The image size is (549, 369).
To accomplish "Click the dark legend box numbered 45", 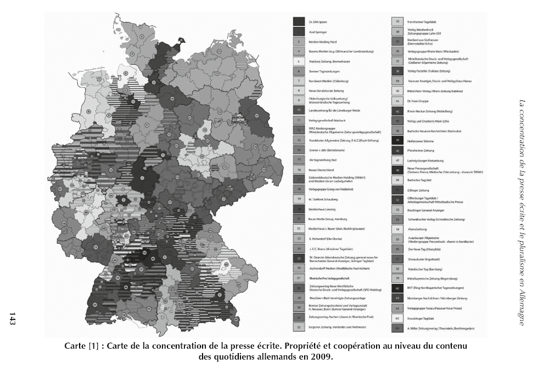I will point(397,141).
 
